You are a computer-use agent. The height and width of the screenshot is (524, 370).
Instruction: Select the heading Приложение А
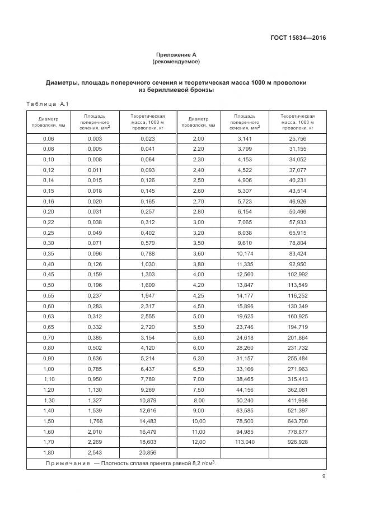click(176, 54)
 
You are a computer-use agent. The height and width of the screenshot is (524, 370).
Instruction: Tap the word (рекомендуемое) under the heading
click(176, 61)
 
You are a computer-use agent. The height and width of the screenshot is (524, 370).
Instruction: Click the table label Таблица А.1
click(47, 104)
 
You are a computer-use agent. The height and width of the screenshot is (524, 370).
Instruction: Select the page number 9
click(324, 476)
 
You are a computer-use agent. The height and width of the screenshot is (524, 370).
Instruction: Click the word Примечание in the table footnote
click(67, 463)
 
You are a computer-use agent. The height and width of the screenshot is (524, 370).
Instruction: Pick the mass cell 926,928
click(298, 442)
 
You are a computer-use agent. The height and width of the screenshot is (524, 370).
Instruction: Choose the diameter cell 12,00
click(199, 442)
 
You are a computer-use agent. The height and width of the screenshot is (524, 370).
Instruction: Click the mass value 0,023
click(147, 138)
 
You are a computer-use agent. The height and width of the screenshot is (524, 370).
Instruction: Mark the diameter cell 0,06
click(49, 138)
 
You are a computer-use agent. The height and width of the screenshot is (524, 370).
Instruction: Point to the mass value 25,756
click(298, 138)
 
